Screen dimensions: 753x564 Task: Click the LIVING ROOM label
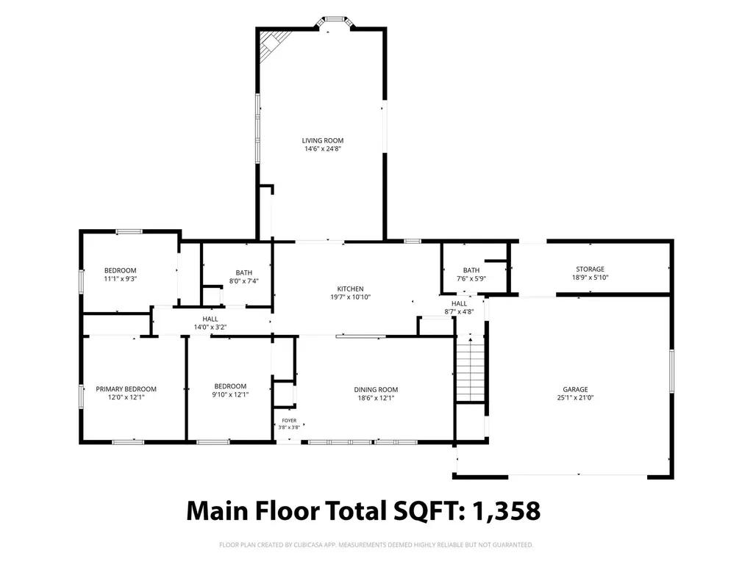323,140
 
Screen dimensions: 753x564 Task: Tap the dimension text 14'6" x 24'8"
323,148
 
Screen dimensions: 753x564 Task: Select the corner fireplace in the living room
272,45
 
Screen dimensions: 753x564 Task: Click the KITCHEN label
351,289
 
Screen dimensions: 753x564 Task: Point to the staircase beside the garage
470,369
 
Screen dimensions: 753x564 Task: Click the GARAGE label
575,389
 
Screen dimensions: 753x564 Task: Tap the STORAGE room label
590,269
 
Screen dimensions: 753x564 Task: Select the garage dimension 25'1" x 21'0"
575,397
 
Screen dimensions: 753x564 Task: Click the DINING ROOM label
376,389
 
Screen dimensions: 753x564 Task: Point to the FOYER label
289,421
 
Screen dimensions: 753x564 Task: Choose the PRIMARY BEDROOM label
126,389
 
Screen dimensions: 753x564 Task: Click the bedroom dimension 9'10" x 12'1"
230,394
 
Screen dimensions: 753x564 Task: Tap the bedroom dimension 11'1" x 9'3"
121,278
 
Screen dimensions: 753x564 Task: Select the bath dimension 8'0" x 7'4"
244,281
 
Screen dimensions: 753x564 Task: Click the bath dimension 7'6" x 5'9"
471,278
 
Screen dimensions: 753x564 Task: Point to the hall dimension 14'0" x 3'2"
210,327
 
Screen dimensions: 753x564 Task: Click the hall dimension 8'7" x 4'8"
459,311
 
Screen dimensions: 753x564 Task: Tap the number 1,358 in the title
507,510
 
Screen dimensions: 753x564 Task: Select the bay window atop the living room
335,23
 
